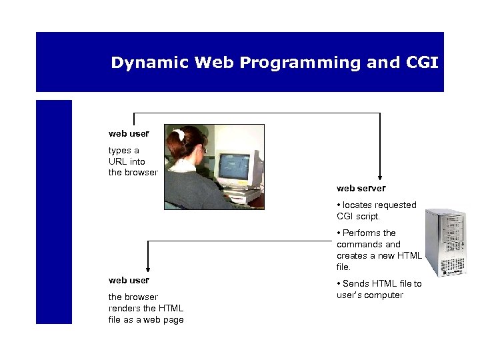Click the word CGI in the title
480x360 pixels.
(421, 63)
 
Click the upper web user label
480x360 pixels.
(129, 133)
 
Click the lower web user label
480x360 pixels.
(129, 280)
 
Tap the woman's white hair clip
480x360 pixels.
(179, 135)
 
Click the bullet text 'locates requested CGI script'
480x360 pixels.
(377, 211)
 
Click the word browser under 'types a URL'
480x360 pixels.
(141, 172)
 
